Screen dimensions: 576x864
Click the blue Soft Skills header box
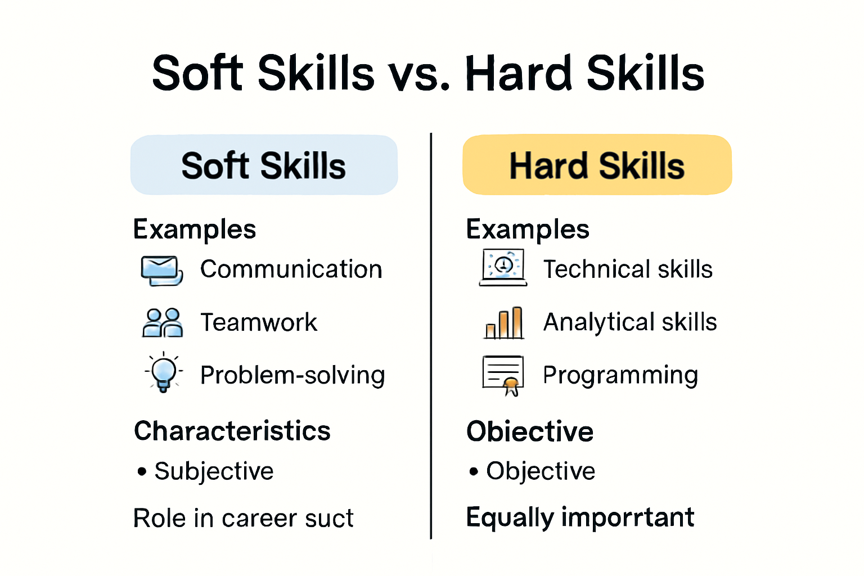coord(264,165)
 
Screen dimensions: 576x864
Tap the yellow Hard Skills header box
coord(597,165)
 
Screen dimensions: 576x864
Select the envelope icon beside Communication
coord(161,270)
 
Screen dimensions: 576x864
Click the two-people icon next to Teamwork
coord(162,322)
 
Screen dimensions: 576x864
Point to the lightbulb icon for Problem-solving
coord(163,372)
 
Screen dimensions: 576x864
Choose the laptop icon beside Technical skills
coord(503,267)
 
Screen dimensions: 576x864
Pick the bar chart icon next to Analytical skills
coord(504,323)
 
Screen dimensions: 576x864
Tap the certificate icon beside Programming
coord(503,375)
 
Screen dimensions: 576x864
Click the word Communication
coord(291,269)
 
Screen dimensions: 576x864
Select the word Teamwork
coord(259,322)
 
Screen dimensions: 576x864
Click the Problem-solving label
coord(292,375)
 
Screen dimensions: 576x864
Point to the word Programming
coord(620,375)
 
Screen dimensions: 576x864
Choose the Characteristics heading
coord(232,431)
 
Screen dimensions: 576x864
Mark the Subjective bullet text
coord(214,471)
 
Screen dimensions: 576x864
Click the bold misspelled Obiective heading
coord(530,431)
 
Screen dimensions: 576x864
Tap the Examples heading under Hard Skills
coord(528,229)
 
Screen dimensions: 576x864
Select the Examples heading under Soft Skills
coord(195,229)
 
